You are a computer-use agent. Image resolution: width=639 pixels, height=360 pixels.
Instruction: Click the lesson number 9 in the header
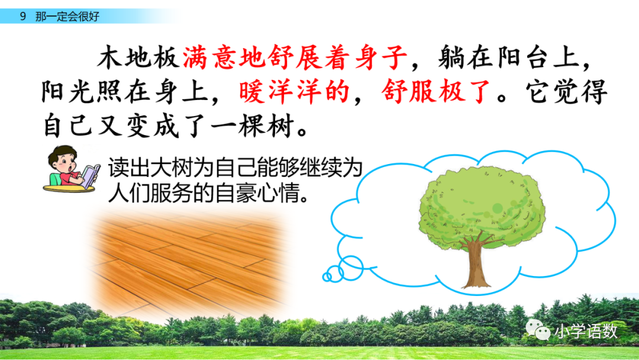click(x=22, y=17)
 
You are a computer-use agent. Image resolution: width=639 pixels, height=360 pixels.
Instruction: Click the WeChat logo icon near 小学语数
click(x=538, y=331)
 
